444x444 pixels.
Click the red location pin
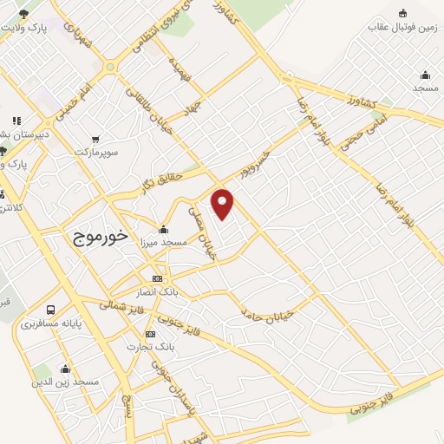pos(223,203)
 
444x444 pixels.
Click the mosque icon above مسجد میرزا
pos(163,230)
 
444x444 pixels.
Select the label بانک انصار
pos(157,291)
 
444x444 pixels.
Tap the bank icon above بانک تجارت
pos(151,334)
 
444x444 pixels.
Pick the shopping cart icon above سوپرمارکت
pos(95,139)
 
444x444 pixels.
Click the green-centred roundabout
pos(110,67)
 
